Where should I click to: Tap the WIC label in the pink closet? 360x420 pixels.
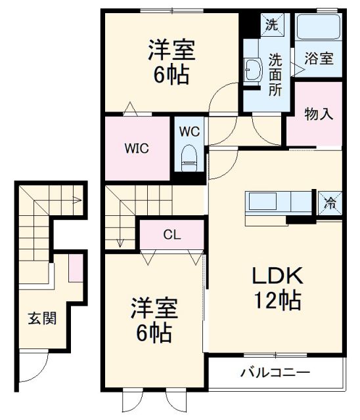(x=137, y=148)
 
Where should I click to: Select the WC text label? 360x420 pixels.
(x=190, y=131)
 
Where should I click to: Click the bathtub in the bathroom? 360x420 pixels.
(x=318, y=28)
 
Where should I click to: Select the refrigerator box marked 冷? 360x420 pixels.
(x=330, y=203)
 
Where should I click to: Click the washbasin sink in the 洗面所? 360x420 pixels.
(x=252, y=69)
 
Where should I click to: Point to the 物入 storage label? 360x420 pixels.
(x=319, y=113)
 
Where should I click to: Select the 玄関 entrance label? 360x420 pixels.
(x=41, y=319)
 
